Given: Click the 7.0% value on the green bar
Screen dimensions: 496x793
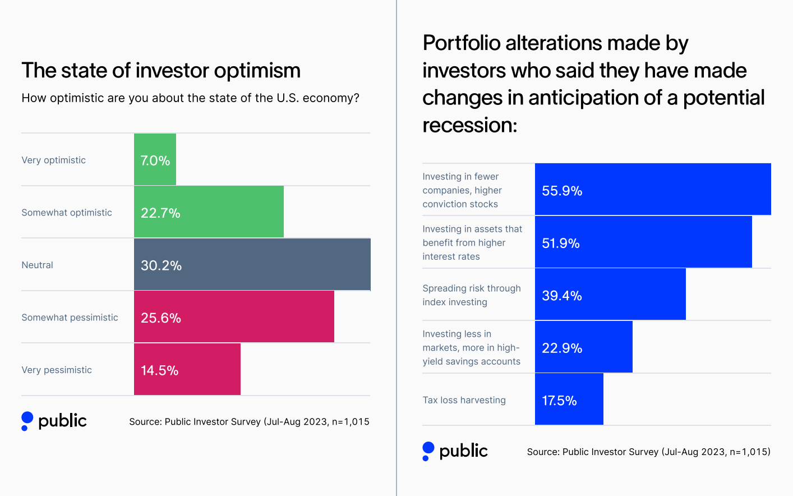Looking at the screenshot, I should click(x=155, y=160).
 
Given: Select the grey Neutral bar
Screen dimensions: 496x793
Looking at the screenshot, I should click(x=252, y=264).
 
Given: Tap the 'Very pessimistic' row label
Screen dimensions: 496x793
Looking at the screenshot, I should click(x=57, y=370).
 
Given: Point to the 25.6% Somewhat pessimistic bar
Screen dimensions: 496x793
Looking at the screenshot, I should click(x=234, y=316).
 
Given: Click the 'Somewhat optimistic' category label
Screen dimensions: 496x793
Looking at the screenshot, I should click(x=67, y=213).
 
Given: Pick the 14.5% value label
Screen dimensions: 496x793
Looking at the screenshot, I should click(x=159, y=370).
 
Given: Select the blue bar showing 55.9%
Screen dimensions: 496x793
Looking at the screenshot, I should click(x=653, y=190).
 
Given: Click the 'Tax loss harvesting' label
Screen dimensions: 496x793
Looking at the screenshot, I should click(x=464, y=400).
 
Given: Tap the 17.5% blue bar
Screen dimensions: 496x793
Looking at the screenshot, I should click(x=569, y=399).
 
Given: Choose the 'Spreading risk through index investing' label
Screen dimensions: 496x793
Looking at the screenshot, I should click(x=471, y=295).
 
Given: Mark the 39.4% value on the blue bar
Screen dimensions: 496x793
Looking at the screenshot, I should click(x=561, y=296).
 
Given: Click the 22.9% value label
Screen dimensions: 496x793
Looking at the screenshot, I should click(x=561, y=348).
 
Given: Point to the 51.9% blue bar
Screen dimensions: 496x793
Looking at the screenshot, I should click(x=643, y=242).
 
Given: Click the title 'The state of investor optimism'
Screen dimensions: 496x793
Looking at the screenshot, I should click(x=161, y=71).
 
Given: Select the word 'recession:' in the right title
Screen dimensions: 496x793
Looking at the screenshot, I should click(x=469, y=125).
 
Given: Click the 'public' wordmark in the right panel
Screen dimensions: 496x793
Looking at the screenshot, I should click(x=463, y=451).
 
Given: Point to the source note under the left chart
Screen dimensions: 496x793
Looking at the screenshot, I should click(x=249, y=421).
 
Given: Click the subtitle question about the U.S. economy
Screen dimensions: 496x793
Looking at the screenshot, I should click(x=190, y=98).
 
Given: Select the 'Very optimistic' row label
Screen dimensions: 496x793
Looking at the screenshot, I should click(x=53, y=160).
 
